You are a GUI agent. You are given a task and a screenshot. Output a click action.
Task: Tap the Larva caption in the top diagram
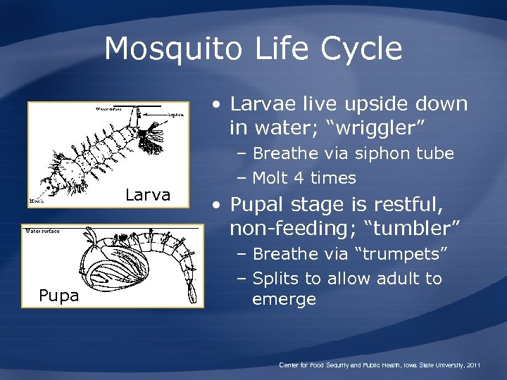click(148, 195)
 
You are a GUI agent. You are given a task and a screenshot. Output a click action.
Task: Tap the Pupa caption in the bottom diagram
click(59, 296)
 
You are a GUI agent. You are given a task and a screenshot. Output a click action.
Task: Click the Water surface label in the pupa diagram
click(42, 231)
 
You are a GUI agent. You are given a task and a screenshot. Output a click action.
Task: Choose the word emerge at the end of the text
click(284, 300)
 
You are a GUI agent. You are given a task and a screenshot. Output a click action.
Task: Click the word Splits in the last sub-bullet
click(277, 279)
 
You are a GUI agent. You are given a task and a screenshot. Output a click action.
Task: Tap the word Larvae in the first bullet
click(266, 104)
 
